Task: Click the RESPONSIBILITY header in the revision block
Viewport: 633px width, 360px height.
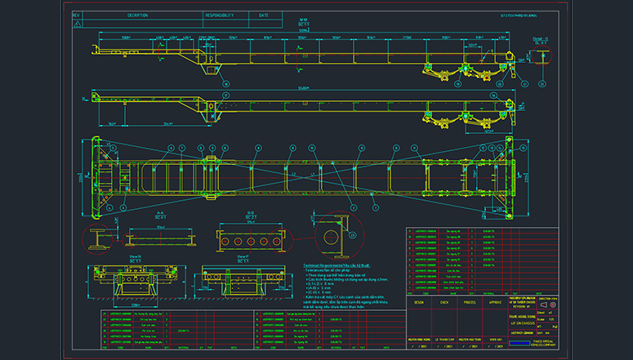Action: (x=220, y=15)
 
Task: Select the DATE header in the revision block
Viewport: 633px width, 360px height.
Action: (x=263, y=15)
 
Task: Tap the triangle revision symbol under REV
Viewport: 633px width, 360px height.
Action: (x=77, y=24)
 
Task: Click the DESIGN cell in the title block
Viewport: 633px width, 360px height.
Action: (x=419, y=301)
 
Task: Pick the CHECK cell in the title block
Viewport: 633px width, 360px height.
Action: (x=444, y=301)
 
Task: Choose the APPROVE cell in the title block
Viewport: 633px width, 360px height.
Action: (x=495, y=301)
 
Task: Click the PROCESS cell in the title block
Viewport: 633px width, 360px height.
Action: (x=470, y=301)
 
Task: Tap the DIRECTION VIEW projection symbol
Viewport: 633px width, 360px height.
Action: (x=544, y=303)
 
